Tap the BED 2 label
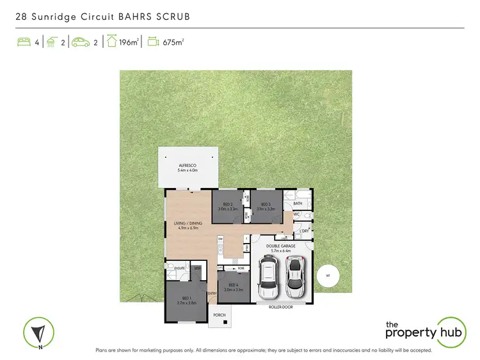[228, 205]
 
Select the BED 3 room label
[266, 205]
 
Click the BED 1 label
[186, 299]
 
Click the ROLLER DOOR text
[280, 307]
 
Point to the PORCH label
[220, 315]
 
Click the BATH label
[298, 203]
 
